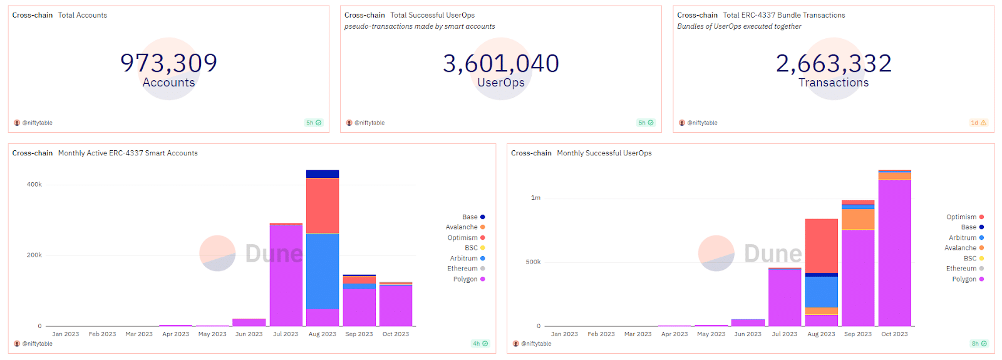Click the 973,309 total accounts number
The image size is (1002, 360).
(x=168, y=63)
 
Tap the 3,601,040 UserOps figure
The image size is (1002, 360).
(x=501, y=63)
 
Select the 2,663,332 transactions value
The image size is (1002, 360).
(x=834, y=63)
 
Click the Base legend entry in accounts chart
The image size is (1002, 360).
(x=470, y=217)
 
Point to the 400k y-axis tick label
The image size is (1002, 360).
(x=34, y=185)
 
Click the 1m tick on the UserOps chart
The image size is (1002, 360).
(x=535, y=198)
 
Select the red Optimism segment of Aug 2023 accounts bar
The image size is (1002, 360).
(x=323, y=205)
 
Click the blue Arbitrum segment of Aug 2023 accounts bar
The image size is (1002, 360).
(x=323, y=270)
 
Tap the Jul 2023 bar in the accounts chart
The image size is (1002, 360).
(x=286, y=275)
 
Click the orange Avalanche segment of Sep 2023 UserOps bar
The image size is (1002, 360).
(x=858, y=219)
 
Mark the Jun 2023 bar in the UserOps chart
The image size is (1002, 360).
(x=748, y=322)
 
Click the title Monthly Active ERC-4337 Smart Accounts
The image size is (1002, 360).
(x=128, y=153)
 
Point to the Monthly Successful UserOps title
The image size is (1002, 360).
(x=604, y=153)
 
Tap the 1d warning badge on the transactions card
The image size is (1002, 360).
(x=978, y=123)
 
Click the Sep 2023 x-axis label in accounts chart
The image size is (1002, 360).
(x=359, y=334)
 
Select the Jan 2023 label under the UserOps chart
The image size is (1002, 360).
(x=564, y=334)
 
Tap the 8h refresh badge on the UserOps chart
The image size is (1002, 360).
(x=979, y=344)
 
